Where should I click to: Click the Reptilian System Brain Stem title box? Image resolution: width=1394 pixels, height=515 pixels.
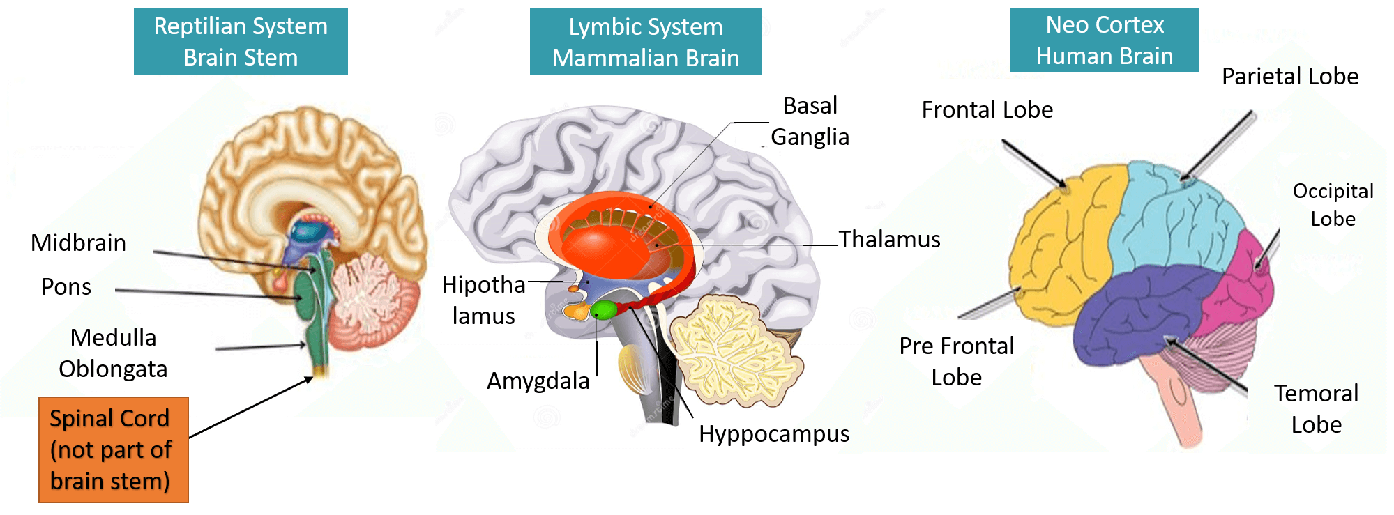[x=241, y=42]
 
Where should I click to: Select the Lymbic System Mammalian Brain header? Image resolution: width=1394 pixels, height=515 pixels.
[x=645, y=43]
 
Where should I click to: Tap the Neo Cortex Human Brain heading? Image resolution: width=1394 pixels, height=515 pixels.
[x=1105, y=40]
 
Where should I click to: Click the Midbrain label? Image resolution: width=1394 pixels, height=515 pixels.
[x=78, y=243]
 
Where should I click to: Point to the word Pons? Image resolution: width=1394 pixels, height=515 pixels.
[x=66, y=286]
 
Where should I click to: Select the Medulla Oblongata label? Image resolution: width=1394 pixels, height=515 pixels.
[x=113, y=353]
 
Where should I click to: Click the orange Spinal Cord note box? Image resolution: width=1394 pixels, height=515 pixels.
[x=113, y=449]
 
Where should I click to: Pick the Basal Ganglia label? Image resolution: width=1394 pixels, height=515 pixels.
[x=810, y=121]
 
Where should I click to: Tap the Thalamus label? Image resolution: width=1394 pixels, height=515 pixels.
[x=889, y=239]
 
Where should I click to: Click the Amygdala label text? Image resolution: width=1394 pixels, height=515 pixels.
[x=538, y=381]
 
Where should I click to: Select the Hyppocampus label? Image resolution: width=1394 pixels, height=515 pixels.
[x=774, y=433]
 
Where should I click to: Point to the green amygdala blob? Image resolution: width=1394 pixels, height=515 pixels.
[x=603, y=309]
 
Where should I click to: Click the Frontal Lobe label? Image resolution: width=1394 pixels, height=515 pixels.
[x=987, y=109]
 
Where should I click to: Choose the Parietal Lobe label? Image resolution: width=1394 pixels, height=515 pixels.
[x=1290, y=76]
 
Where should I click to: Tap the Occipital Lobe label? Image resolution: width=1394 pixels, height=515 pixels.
[x=1333, y=204]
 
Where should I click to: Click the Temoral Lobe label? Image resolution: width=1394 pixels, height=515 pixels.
[x=1316, y=408]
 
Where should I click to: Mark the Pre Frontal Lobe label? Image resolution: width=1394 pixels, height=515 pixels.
[x=956, y=361]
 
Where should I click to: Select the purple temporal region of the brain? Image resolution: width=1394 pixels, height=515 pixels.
[x=1144, y=307]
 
